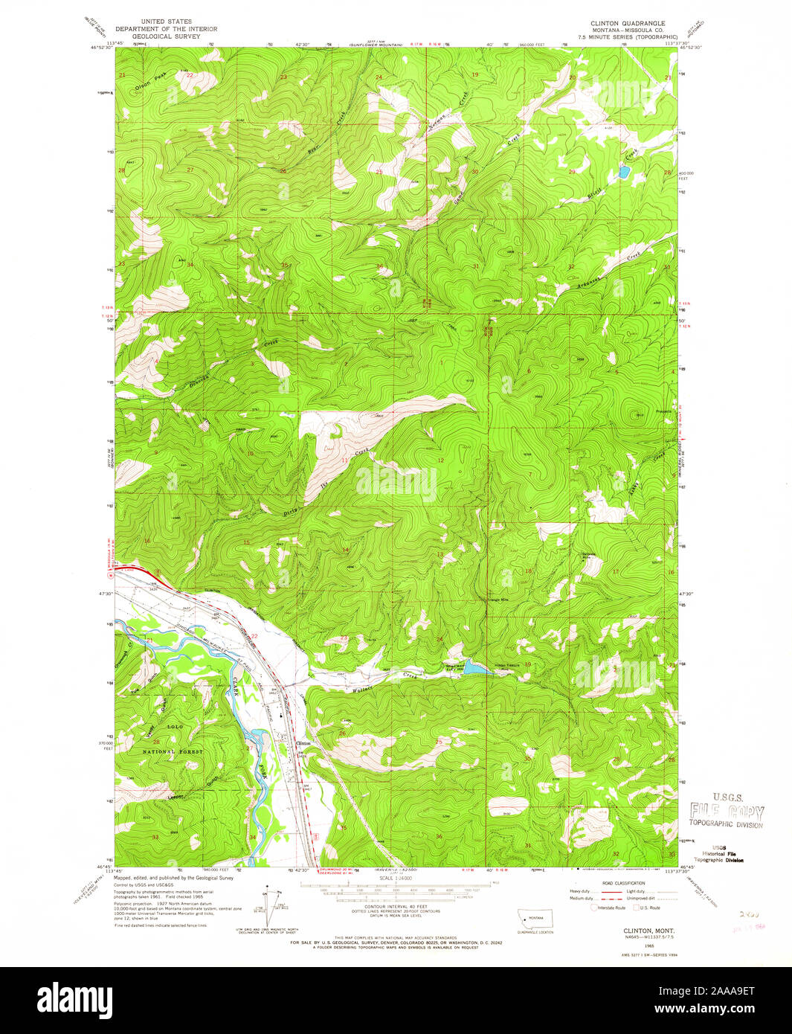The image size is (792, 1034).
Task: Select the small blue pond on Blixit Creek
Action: [x=622, y=173]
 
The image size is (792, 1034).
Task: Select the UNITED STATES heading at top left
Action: [x=166, y=22]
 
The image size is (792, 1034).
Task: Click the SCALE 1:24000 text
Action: [x=395, y=879]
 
